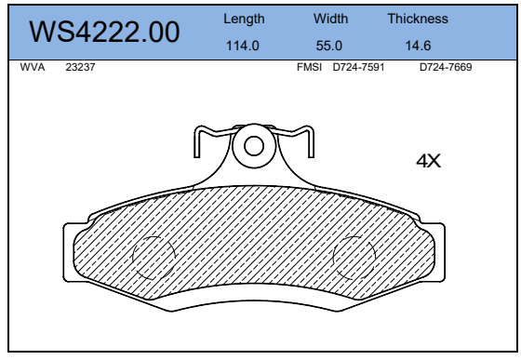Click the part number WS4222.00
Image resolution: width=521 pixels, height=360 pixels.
coord(104,32)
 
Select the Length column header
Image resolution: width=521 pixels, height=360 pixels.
coord(244,19)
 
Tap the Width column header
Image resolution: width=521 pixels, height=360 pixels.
coord(330,19)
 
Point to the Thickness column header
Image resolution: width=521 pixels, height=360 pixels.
coord(418,19)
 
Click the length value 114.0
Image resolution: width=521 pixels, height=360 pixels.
coord(243,46)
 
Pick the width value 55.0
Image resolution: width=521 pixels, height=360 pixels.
coord(329,46)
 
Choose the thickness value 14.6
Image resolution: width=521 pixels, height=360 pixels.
coord(418,46)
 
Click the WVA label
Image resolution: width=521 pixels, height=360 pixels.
coord(33,67)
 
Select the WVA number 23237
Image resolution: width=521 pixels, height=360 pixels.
coord(80,67)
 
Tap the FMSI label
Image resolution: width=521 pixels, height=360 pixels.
coord(309,67)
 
